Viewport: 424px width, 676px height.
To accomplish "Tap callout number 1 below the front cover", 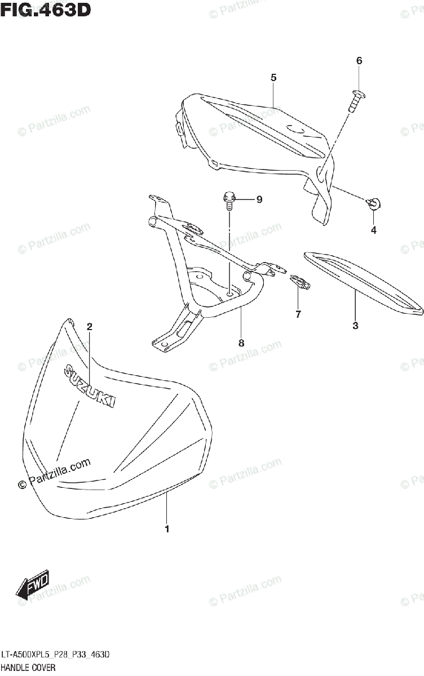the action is coord(167,529).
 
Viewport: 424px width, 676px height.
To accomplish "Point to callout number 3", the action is coord(355,325).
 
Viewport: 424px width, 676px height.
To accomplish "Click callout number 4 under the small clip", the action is coord(373,230).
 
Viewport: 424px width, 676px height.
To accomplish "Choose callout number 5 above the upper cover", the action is coord(273,78).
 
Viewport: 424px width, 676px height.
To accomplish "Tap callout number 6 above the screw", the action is coord(359,61).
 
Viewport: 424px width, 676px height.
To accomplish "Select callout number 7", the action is coord(298,314).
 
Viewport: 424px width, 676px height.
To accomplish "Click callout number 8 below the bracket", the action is coord(241,343).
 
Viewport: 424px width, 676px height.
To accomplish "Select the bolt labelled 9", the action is coord(229,200).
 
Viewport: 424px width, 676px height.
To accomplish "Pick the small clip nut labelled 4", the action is coord(373,203).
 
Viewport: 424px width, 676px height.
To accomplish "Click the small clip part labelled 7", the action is coord(299,281).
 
